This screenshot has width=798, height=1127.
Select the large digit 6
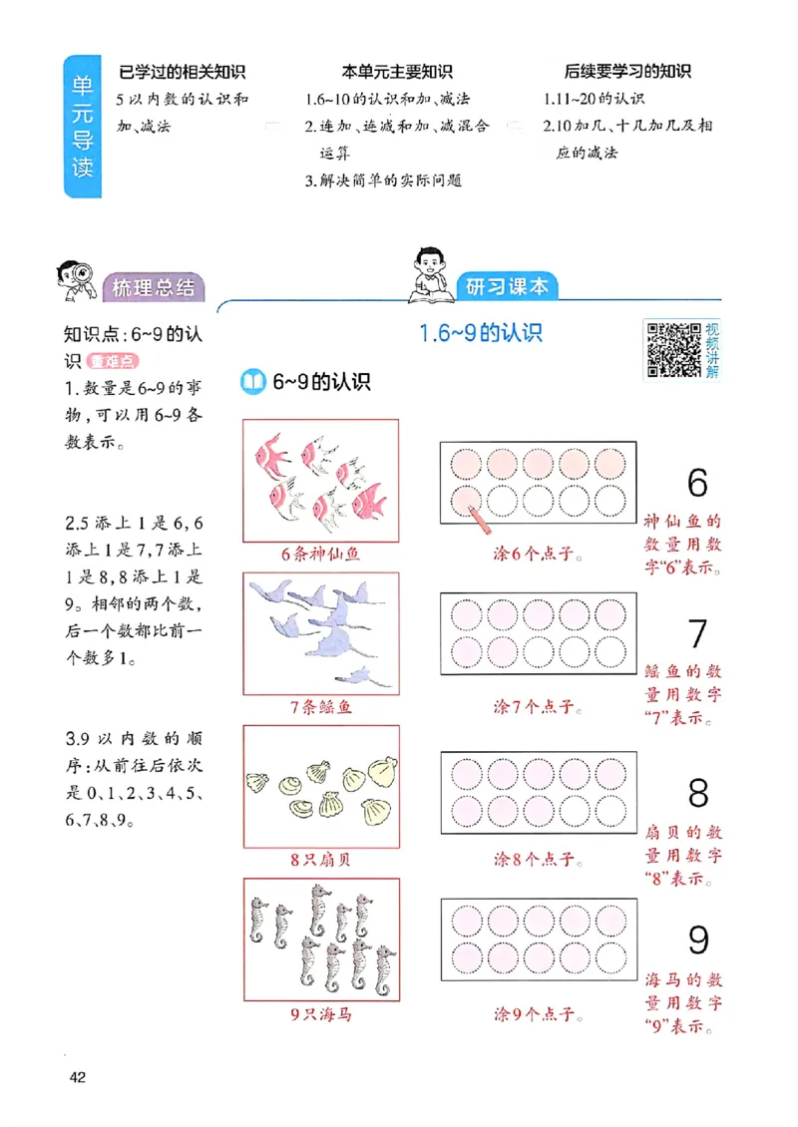tap(697, 483)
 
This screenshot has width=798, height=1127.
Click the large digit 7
tap(697, 634)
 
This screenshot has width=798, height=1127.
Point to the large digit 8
tap(697, 793)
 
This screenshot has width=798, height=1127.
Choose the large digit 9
tap(698, 940)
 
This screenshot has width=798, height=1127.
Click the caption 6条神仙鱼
tap(320, 554)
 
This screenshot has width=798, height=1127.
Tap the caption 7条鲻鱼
tap(320, 707)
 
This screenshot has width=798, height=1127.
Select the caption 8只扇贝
tap(320, 859)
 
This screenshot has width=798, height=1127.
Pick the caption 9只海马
tap(320, 1014)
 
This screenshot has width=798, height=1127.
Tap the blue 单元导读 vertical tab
tap(82, 126)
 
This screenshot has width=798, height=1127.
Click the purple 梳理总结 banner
tap(154, 288)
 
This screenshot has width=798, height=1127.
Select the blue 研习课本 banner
tap(507, 286)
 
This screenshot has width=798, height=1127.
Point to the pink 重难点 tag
tap(111, 361)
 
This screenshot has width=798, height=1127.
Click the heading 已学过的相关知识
tap(182, 72)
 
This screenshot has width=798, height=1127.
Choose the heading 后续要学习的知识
tap(627, 72)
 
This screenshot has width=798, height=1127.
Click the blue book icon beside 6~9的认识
tap(254, 381)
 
